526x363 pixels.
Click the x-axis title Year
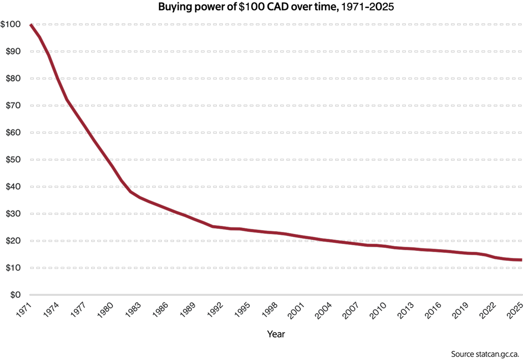pos(276,334)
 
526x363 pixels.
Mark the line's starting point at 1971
pos(31,25)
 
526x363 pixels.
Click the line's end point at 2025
pos(521,260)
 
